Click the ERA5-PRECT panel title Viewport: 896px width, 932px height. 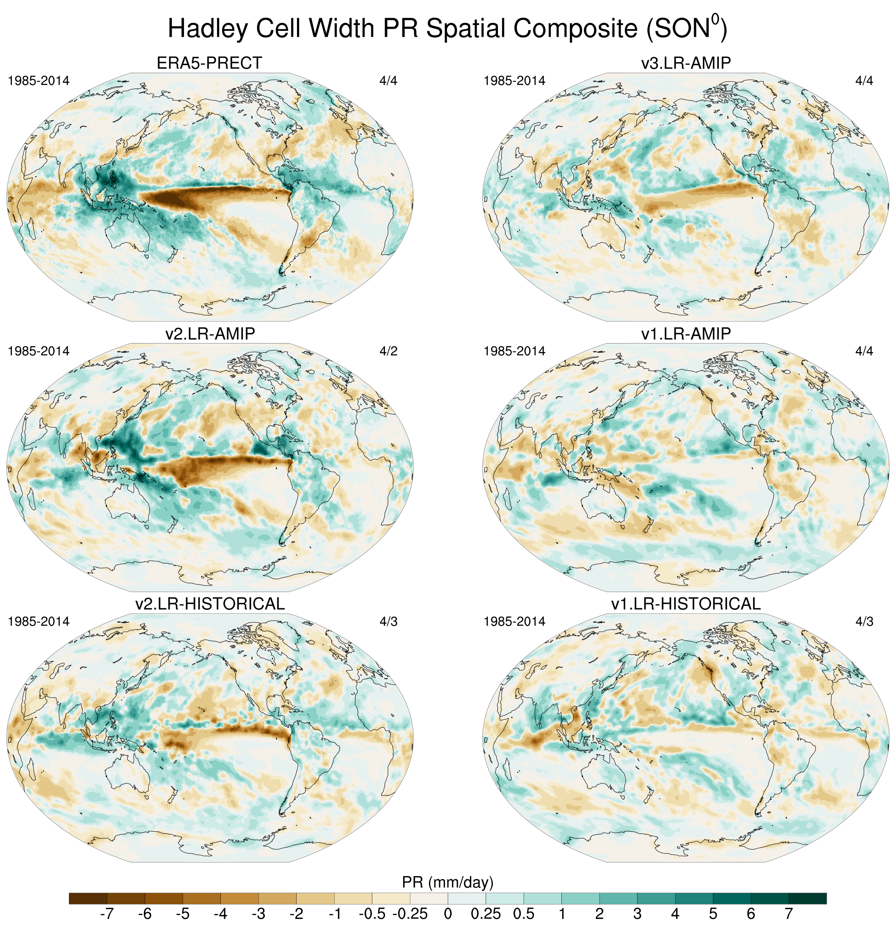(209, 63)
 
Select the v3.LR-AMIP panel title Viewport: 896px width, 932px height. (686, 63)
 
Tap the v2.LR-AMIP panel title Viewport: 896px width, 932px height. (210, 333)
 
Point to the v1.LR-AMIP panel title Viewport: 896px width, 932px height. (686, 333)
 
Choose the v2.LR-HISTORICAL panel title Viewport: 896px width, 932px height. (210, 603)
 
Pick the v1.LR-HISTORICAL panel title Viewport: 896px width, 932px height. (686, 603)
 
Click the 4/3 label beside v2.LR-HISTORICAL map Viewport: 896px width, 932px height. (388, 621)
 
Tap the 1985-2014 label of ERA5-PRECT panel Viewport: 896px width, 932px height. (38, 81)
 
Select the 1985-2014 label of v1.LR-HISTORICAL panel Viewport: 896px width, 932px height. (514, 621)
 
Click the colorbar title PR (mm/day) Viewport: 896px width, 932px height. (448, 882)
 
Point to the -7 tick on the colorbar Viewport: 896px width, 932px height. (107, 913)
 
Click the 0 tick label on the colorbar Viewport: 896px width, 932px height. (448, 913)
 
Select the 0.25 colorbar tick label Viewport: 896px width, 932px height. (486, 913)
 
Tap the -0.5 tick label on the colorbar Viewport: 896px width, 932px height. (372, 913)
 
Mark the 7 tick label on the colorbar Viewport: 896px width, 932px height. (789, 913)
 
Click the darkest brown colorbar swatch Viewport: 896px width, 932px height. (88, 898)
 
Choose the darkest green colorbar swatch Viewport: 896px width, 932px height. (808, 898)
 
